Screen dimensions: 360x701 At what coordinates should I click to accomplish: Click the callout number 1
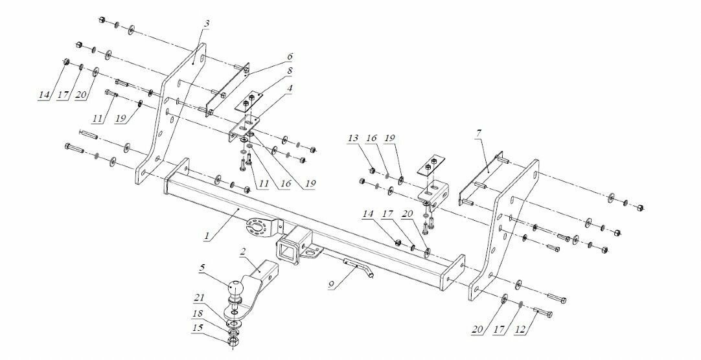point(206,236)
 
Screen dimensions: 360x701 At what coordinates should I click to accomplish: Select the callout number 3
point(206,24)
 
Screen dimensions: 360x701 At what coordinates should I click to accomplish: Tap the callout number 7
point(478,134)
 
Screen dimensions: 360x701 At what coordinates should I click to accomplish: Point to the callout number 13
point(352,139)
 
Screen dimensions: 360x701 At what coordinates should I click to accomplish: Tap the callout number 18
point(197,313)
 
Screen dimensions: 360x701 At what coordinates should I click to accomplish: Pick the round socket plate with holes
point(258,228)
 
